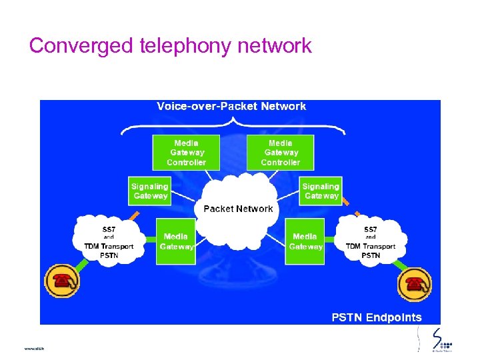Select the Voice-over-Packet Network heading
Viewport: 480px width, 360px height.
[x=231, y=106]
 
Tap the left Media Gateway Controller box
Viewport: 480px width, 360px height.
[x=186, y=153]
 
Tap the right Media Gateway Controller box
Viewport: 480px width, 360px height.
[x=280, y=153]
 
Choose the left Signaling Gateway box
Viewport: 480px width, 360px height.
[x=150, y=191]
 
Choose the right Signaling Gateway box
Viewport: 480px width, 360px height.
[x=321, y=191]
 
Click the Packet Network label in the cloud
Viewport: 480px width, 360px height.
[x=238, y=209]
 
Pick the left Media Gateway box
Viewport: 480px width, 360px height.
[x=175, y=241]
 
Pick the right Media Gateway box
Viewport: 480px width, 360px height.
[x=305, y=241]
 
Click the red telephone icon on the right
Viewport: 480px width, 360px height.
[x=415, y=285]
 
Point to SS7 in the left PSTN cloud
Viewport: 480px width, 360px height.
[x=109, y=229]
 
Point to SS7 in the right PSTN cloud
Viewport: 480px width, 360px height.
[x=371, y=229]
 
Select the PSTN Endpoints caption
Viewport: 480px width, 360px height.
[x=377, y=317]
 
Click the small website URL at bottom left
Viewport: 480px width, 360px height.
[x=33, y=348]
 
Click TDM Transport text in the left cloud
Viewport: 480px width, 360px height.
[x=109, y=246]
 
